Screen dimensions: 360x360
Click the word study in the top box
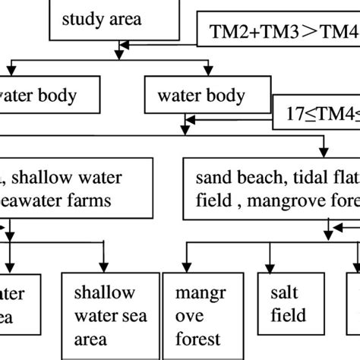click(x=81, y=18)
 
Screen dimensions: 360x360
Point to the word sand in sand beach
click(x=211, y=178)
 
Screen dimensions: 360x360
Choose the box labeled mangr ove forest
click(x=200, y=316)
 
